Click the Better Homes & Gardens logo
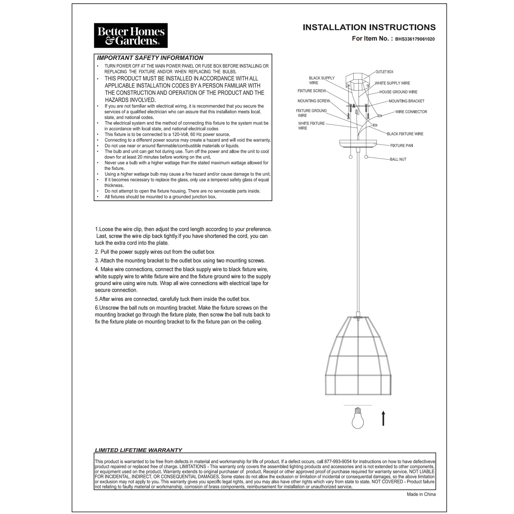click(x=131, y=36)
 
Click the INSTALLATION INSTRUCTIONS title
click(x=369, y=27)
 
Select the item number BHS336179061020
click(x=415, y=39)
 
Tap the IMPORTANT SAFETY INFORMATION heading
click(x=150, y=58)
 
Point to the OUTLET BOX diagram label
click(x=384, y=72)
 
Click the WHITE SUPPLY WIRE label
click(x=392, y=83)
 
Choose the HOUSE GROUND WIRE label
click(x=398, y=92)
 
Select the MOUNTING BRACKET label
click(x=406, y=101)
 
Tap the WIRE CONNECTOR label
click(x=411, y=112)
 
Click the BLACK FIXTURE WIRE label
click(x=405, y=134)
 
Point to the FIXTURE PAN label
click(x=402, y=146)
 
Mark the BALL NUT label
click(x=398, y=159)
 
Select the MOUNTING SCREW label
click(x=314, y=101)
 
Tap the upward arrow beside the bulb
click(x=383, y=418)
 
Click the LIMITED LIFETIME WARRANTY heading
click(x=138, y=450)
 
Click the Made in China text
click(x=421, y=494)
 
